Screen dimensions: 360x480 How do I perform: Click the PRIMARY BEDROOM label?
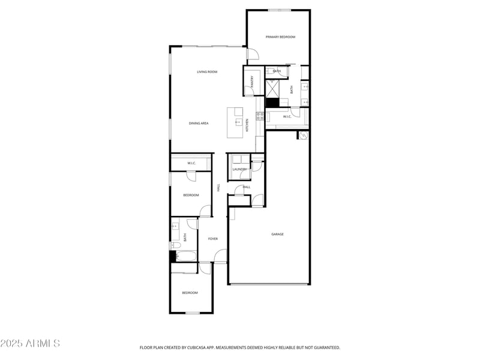click(281, 37)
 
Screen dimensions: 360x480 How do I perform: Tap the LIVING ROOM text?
click(207, 72)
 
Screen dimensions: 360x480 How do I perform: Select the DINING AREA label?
click(199, 123)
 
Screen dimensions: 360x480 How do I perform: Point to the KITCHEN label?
click(247, 125)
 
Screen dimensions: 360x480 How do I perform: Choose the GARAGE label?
click(277, 234)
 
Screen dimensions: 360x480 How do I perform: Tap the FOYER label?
click(213, 239)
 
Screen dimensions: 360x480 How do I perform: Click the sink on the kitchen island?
click(238, 121)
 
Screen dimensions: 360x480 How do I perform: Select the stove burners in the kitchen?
click(260, 116)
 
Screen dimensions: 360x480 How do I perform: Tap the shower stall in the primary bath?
click(272, 89)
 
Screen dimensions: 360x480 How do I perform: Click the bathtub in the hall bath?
click(185, 257)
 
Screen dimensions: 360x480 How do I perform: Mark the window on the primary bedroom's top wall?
click(280, 10)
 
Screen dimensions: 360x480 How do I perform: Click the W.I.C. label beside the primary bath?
click(287, 116)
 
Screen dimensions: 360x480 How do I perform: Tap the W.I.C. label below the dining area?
click(191, 163)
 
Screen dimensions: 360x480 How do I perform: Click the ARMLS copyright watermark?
click(30, 344)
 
